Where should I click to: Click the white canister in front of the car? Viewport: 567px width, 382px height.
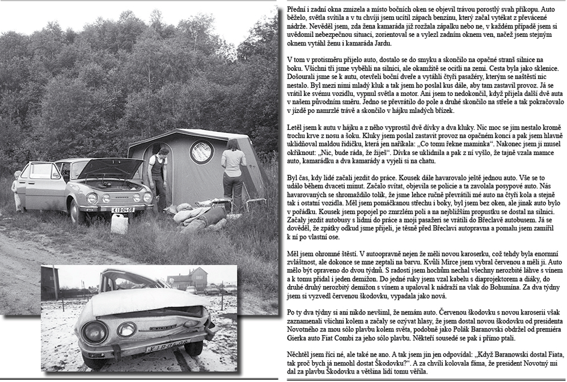pos(119,223)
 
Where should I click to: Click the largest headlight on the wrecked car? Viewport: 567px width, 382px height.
pos(127,329)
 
